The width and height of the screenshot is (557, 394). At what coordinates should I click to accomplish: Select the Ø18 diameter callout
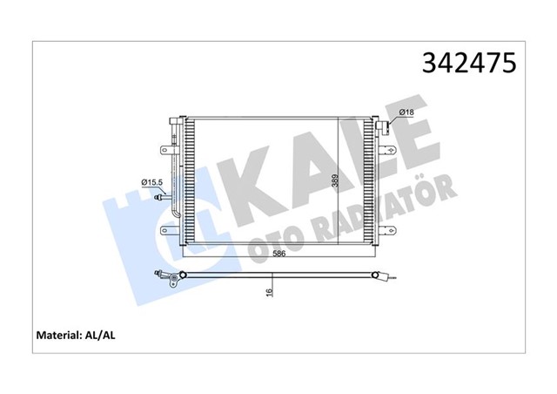point(405,112)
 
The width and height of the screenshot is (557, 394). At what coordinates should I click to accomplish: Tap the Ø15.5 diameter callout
point(152,181)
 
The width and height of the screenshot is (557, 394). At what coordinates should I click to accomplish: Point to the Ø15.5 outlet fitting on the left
point(160,198)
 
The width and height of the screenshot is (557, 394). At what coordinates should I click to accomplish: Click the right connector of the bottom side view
point(385,281)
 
